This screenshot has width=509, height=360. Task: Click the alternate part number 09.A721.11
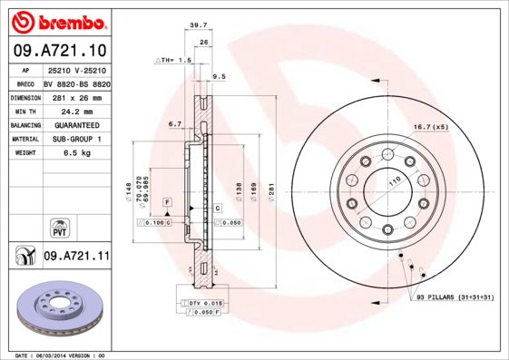(76, 258)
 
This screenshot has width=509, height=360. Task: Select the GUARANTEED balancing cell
(75, 124)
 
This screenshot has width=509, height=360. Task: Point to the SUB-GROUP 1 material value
(76, 139)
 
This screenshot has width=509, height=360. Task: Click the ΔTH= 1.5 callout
(174, 60)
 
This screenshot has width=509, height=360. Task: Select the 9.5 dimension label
(218, 77)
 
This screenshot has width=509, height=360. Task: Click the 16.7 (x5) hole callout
(430, 127)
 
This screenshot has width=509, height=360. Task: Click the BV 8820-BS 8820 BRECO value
(77, 82)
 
